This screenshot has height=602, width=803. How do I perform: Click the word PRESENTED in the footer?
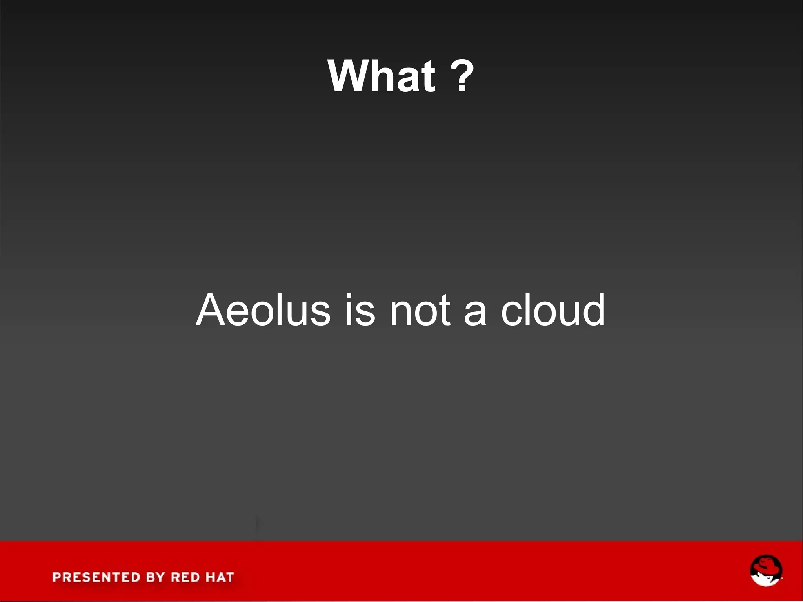(x=96, y=577)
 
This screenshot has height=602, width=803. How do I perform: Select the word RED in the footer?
(x=185, y=577)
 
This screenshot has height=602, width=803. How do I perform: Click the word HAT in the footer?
(x=219, y=577)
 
